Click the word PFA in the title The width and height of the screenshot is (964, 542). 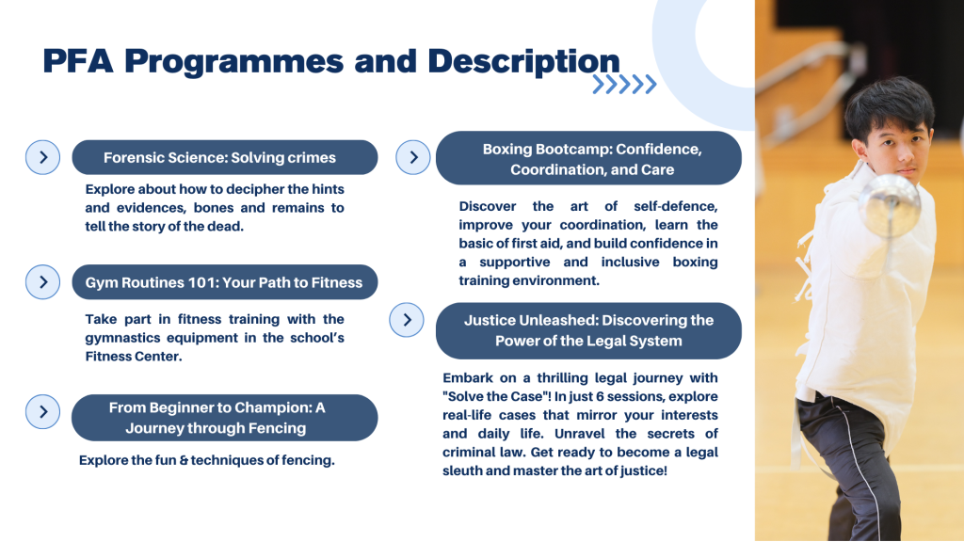(x=78, y=61)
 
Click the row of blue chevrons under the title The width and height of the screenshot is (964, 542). (x=625, y=85)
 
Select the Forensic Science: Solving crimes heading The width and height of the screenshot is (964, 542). (x=225, y=157)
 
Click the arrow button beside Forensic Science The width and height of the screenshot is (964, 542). (x=43, y=157)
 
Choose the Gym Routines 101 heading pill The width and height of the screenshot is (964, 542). (x=225, y=282)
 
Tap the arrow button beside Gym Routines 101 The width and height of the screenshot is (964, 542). (x=43, y=282)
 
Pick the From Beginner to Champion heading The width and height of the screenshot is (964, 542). (x=224, y=418)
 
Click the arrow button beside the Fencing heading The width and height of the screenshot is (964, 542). (x=43, y=412)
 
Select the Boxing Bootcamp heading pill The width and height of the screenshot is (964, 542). (x=589, y=158)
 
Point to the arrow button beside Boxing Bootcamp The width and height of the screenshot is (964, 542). (x=413, y=157)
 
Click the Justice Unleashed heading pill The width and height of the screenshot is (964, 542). (x=589, y=330)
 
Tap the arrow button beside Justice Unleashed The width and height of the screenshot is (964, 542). (x=407, y=320)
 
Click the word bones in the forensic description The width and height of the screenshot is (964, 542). (x=214, y=208)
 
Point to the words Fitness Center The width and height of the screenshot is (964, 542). (x=134, y=357)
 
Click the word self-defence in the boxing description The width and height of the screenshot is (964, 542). (x=676, y=206)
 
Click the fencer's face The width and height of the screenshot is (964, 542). (x=897, y=150)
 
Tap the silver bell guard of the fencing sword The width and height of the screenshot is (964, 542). (x=890, y=204)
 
